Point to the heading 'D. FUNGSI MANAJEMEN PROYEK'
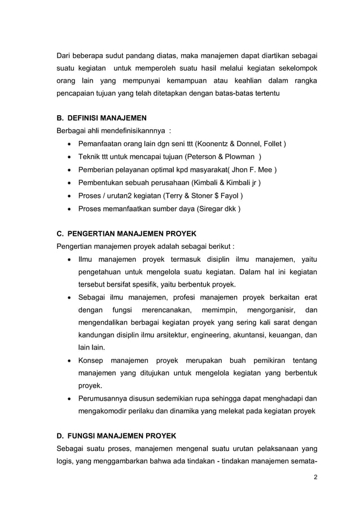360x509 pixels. click(116, 436)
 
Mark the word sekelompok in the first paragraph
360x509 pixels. click(297, 68)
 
